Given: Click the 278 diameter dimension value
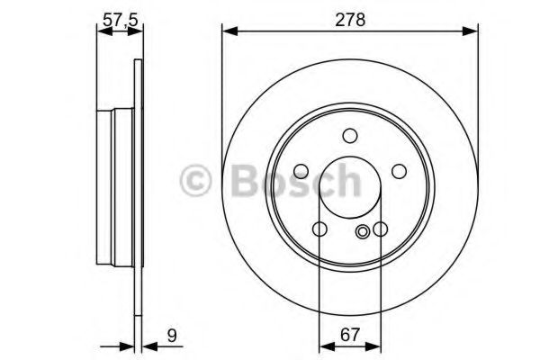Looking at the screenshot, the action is tap(350, 20).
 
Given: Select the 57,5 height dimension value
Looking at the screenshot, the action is tap(121, 21).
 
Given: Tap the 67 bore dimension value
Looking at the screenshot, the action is tap(350, 335).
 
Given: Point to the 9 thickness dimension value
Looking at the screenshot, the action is tap(172, 335).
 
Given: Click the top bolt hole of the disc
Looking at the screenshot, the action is tap(350, 136).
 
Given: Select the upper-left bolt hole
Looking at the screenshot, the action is tap(301, 171).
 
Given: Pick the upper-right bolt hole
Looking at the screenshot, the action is tap(399, 171).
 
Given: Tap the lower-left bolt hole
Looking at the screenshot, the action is tap(319, 229).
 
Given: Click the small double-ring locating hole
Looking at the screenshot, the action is tap(363, 231).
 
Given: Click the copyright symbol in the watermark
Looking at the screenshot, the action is tap(195, 180).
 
